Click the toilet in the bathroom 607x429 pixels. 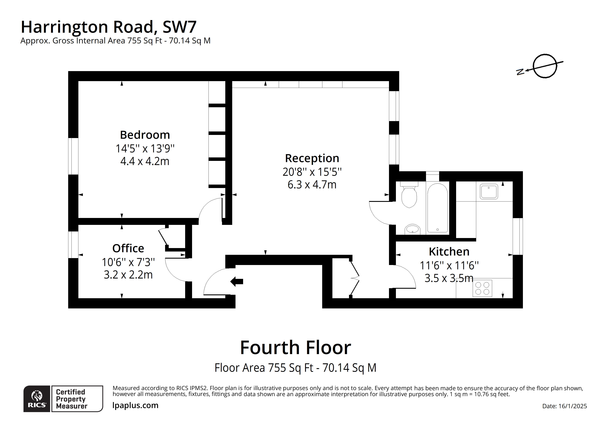coord(409,196)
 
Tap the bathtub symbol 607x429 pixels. coord(438,208)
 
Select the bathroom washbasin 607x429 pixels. coord(412,229)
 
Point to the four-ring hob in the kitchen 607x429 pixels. coord(482,288)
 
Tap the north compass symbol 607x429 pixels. coord(545,66)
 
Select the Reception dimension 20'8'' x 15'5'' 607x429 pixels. coord(312,172)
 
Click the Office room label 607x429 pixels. coord(128,248)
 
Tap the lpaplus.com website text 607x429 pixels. coord(135,405)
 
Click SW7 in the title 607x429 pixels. coord(179,27)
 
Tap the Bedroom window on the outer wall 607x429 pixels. coord(73,156)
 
